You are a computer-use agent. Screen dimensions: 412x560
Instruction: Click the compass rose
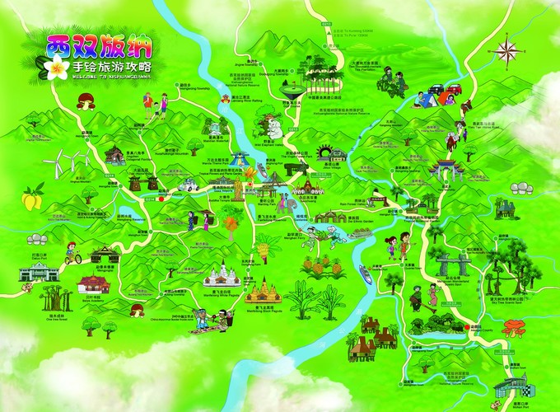508,50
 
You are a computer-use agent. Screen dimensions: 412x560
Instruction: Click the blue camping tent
426,99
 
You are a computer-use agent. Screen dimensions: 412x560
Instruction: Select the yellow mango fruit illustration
31,199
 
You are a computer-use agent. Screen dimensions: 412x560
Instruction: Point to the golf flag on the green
290,87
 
